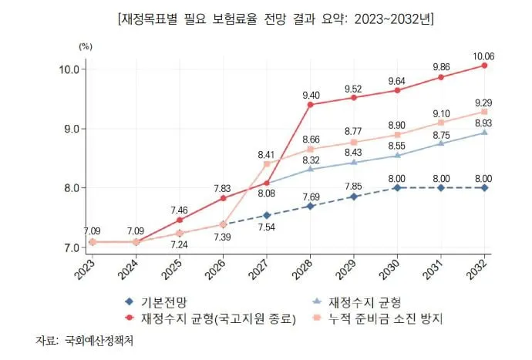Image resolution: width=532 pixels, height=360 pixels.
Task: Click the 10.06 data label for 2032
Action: coord(484,54)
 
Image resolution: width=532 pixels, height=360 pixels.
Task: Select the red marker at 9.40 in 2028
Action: coord(310,104)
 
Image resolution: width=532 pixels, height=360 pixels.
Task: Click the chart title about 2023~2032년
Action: coord(266,16)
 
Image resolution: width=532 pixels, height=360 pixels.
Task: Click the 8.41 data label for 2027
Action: coord(266,153)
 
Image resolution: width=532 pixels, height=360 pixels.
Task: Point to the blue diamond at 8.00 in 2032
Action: coord(484,187)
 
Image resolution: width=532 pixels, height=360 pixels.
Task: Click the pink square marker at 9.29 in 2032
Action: coord(484,112)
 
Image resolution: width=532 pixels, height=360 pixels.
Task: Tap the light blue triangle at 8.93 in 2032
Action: coord(484,133)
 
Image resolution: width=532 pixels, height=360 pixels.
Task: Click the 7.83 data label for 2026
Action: coord(223,187)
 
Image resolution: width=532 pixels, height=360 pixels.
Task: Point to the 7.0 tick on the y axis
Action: coord(70,247)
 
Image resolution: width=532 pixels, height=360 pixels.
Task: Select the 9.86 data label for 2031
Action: coord(440,66)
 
